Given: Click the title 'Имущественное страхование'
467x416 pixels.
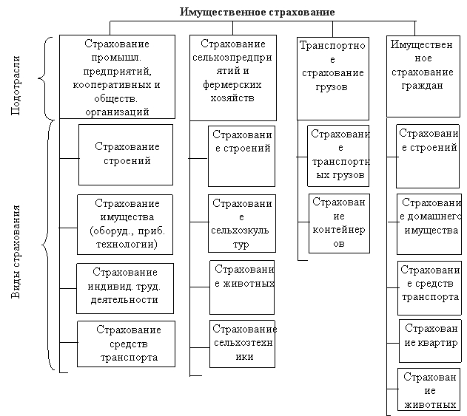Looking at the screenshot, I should tap(257, 13).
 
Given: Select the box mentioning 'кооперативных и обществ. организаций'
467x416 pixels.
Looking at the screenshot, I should tap(117, 77).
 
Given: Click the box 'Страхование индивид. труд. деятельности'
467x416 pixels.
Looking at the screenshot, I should tap(126, 288).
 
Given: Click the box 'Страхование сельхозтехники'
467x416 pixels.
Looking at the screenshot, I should tap(243, 343).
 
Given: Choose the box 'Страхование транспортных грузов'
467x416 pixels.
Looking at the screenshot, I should tap(338, 155).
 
